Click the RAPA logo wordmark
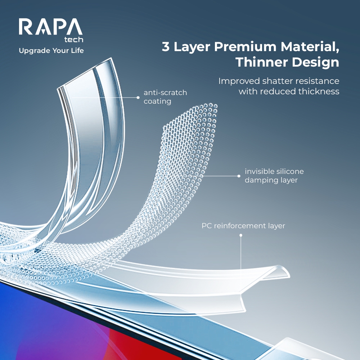click(x=50, y=27)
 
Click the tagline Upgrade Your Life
click(x=51, y=51)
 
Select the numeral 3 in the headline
click(x=166, y=47)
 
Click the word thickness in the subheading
click(x=319, y=91)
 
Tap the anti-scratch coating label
click(x=165, y=97)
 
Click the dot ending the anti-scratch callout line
click(x=138, y=97)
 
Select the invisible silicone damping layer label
click(x=274, y=176)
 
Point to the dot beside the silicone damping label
click(x=238, y=176)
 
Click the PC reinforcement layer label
click(x=243, y=226)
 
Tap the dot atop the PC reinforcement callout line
click(x=241, y=235)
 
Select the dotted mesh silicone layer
click(x=180, y=162)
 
